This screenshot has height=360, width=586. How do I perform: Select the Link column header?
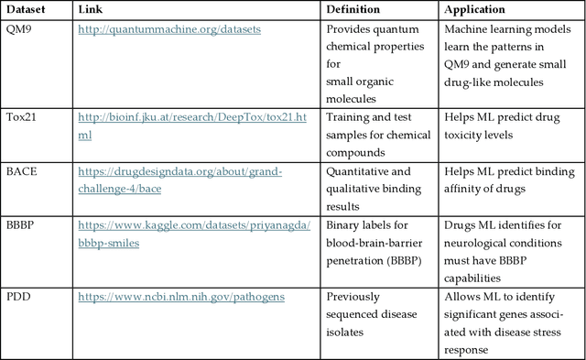[x=91, y=10]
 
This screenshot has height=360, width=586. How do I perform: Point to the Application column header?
[x=474, y=10]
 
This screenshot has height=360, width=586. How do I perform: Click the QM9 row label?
[x=19, y=29]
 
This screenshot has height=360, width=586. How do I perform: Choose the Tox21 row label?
[x=21, y=117]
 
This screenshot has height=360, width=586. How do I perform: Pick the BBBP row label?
[x=21, y=224]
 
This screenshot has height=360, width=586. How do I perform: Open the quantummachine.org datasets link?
[x=169, y=29]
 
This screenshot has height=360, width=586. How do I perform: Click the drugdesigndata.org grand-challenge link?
[x=179, y=171]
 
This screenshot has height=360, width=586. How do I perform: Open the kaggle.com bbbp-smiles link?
[x=193, y=225]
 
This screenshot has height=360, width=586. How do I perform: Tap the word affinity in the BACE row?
[x=466, y=188]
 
